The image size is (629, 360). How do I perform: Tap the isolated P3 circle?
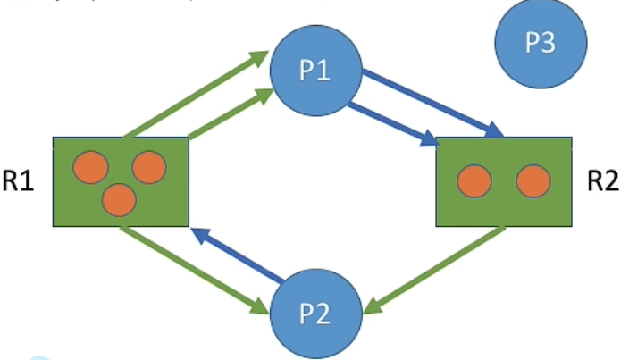[541, 43]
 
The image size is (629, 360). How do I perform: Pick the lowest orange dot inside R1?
[119, 199]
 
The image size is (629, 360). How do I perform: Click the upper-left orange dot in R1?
[91, 167]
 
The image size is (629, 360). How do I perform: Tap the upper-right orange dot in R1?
[148, 167]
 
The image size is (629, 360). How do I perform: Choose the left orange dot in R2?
[474, 181]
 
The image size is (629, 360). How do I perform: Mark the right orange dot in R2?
[533, 181]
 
